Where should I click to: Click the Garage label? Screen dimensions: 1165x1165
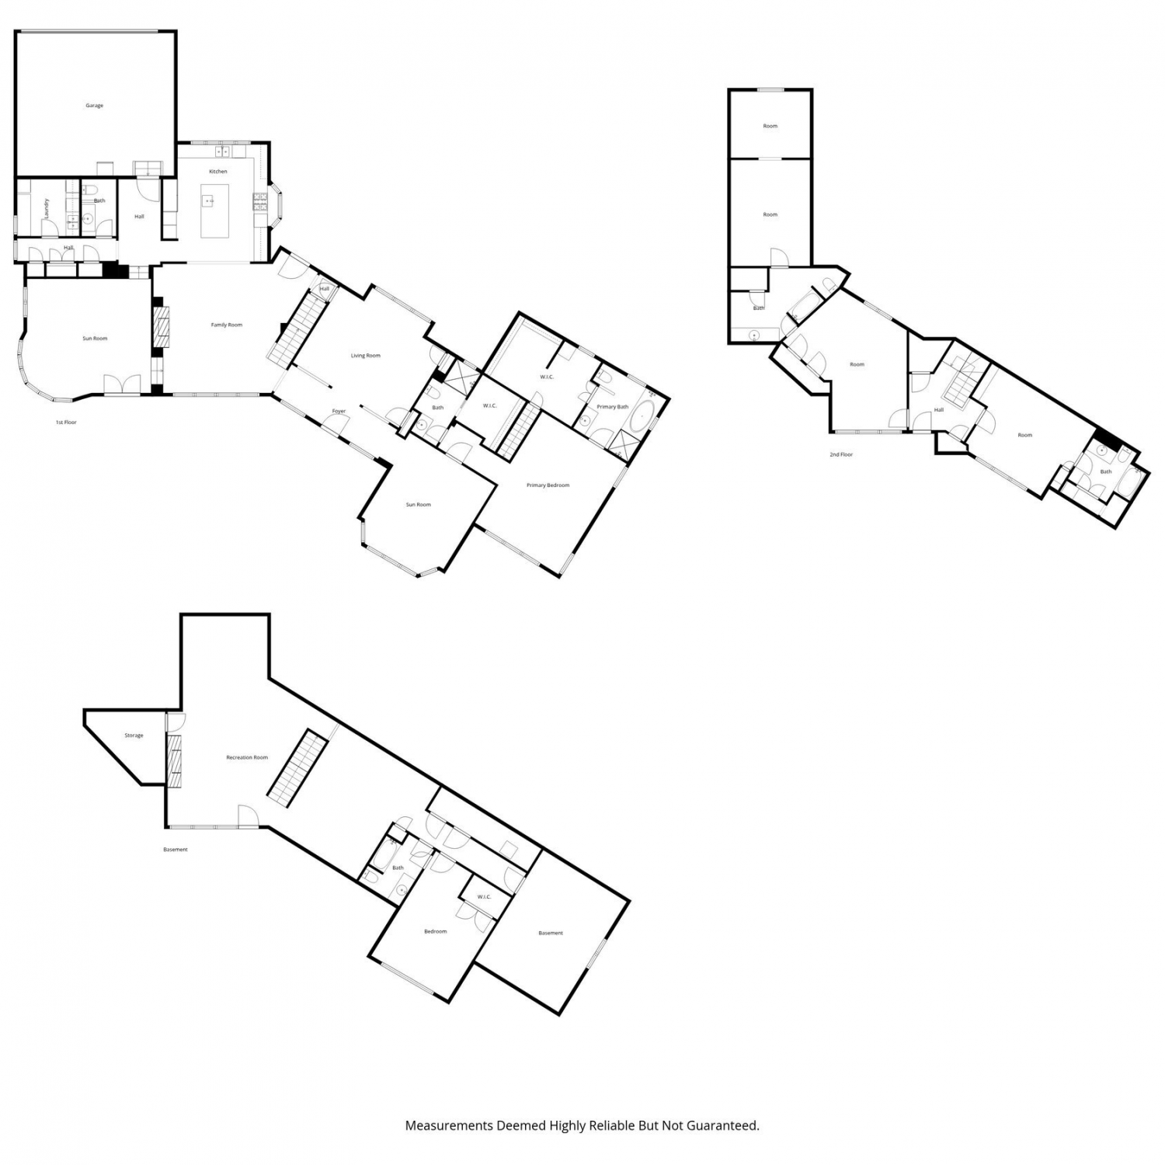tap(94, 106)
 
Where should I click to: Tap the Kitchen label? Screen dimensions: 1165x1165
tap(218, 172)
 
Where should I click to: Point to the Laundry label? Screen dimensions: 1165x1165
tap(47, 207)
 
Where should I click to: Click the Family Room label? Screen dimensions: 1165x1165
tap(227, 325)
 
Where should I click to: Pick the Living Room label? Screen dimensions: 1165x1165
tap(366, 356)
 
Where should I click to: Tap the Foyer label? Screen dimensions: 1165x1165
tap(339, 411)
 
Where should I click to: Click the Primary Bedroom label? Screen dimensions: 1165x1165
tap(548, 485)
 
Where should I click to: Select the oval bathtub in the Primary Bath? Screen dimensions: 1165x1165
tap(642, 417)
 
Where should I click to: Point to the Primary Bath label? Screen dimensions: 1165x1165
tap(613, 407)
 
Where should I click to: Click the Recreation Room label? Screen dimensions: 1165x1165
tap(247, 757)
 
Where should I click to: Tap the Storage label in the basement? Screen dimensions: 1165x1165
tap(134, 736)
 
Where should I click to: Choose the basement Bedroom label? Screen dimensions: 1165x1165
tap(436, 931)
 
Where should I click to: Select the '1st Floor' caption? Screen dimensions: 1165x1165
tap(66, 423)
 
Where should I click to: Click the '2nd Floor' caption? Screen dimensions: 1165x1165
tap(841, 454)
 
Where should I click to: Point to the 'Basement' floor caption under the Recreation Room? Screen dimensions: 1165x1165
tap(176, 850)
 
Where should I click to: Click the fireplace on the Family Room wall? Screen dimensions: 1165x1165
tap(162, 325)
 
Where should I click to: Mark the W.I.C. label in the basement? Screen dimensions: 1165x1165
tap(485, 897)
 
